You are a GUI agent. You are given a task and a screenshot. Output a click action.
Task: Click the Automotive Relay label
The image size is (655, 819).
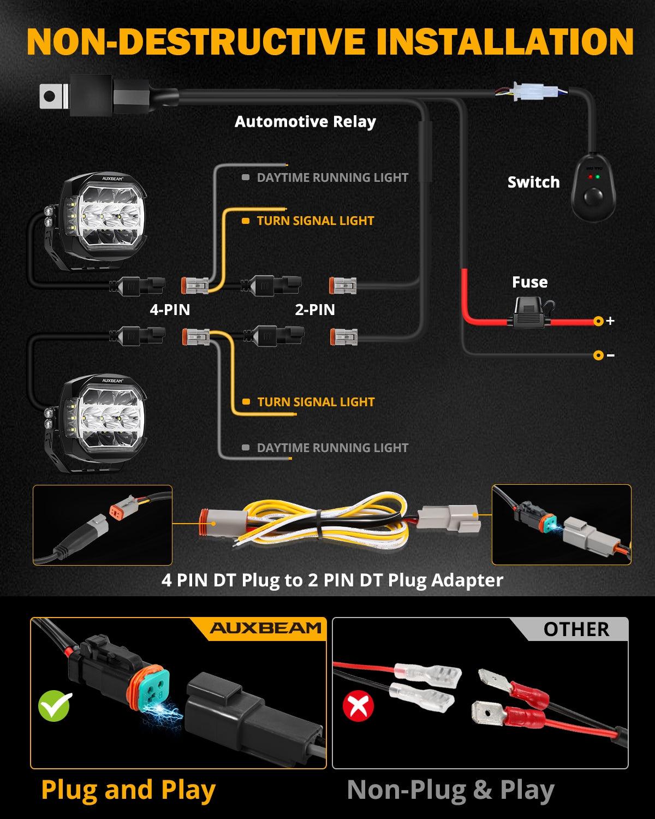305,122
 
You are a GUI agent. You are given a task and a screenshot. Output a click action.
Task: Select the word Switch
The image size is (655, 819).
533,182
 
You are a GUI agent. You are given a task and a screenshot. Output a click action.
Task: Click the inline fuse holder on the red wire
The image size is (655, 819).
531,316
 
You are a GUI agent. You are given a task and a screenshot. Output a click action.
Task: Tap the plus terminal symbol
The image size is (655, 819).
610,321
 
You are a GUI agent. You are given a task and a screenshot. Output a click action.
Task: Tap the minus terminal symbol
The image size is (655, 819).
610,355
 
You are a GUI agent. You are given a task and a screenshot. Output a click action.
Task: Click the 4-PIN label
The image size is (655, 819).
170,310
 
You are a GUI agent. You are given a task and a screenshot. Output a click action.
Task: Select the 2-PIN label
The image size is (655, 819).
315,310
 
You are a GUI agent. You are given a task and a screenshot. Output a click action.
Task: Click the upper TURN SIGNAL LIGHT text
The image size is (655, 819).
315,221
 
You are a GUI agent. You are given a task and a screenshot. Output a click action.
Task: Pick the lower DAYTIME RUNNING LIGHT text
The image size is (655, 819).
332,448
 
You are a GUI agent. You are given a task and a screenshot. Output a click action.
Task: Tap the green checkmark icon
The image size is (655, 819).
55,706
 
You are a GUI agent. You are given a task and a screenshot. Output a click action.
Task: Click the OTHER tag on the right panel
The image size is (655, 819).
575,630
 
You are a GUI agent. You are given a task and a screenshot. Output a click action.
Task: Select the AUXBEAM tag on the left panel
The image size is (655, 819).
266,628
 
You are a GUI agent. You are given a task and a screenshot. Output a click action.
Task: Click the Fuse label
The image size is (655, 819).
529,282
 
